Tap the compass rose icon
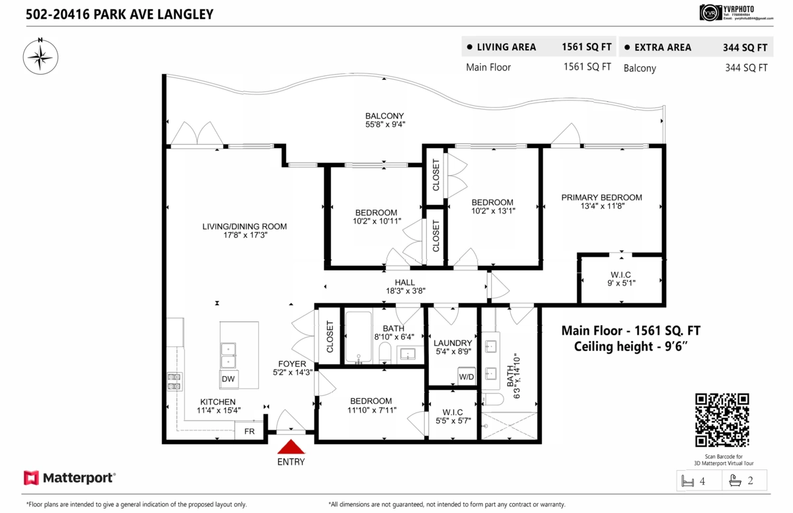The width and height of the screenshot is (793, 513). click(x=40, y=57)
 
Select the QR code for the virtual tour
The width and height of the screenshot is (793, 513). click(x=722, y=420)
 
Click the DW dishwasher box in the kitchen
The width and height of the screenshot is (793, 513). click(x=229, y=379)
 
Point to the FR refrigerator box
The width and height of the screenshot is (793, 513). click(x=249, y=431)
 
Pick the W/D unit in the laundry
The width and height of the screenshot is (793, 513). click(x=467, y=377)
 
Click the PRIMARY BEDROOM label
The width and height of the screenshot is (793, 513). click(x=601, y=197)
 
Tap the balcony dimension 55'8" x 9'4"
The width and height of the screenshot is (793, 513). click(x=385, y=124)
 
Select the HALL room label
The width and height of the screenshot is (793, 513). click(x=405, y=282)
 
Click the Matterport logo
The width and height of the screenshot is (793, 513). click(x=69, y=477)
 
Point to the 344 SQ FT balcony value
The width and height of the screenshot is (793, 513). click(x=745, y=67)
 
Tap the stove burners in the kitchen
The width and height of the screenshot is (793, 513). click(x=174, y=381)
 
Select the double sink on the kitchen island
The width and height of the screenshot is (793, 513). click(x=229, y=355)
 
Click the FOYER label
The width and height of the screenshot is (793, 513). click(x=292, y=364)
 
